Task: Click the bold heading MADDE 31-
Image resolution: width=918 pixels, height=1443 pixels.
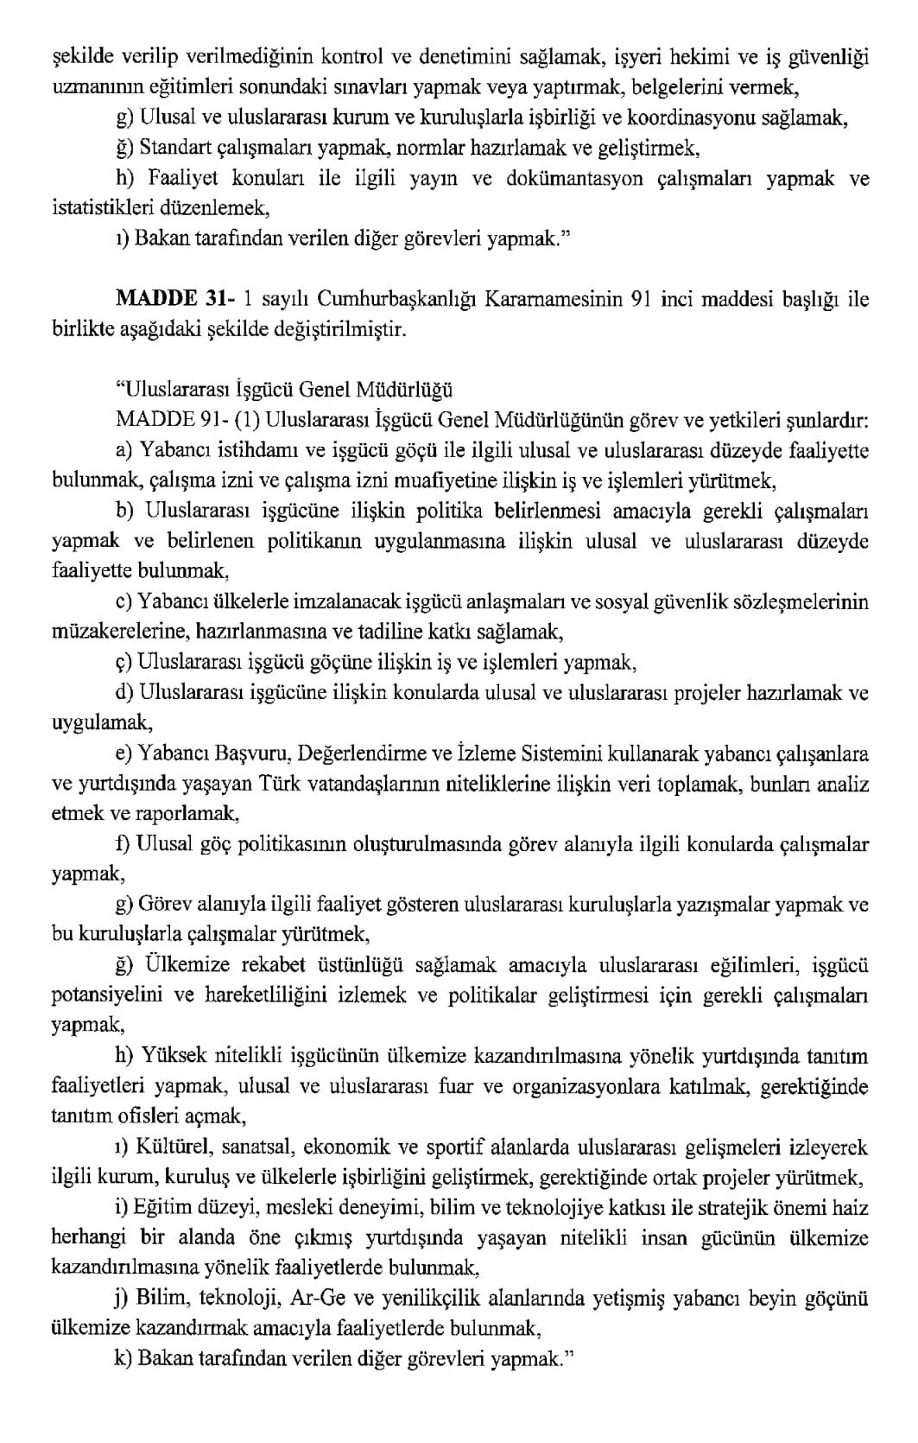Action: (178, 300)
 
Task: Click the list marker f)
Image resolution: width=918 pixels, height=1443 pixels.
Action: (123, 844)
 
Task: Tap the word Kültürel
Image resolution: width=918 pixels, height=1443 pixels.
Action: (176, 1147)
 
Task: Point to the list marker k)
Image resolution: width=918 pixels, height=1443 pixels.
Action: (123, 1359)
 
